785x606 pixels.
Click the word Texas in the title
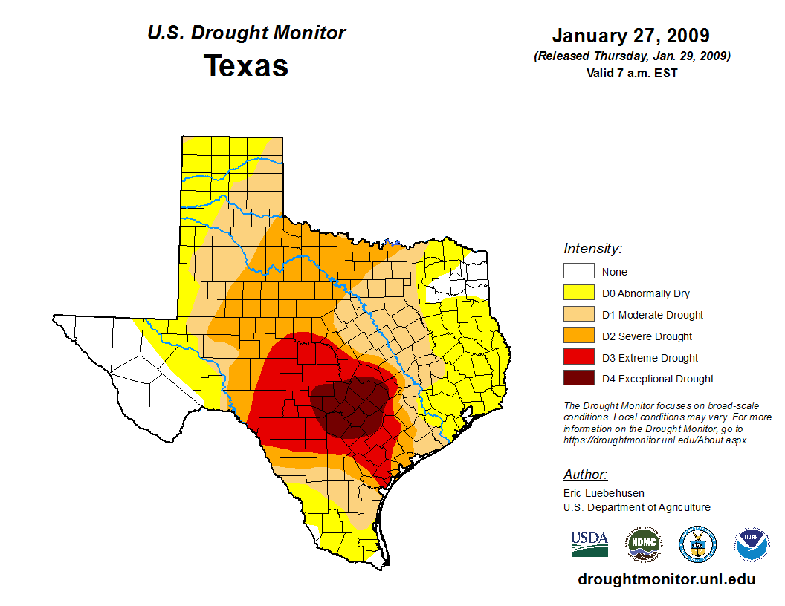[246, 66]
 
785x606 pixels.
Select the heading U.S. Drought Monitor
[246, 33]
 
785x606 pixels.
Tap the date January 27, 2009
[630, 36]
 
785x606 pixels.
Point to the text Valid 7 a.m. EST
[630, 73]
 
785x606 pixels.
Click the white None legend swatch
[578, 272]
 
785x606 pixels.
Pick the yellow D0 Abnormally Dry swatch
[578, 293]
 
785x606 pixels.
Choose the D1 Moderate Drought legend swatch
[578, 315]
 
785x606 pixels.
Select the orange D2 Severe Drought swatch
[578, 336]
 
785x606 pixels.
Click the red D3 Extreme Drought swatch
[578, 358]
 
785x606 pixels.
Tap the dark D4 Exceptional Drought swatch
[578, 379]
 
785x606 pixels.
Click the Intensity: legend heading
[592, 249]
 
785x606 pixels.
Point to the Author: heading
[585, 475]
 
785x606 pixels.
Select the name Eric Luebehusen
[604, 493]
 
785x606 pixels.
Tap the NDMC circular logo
[643, 544]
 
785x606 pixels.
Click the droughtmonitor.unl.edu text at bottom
[666, 580]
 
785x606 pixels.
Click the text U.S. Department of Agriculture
[636, 507]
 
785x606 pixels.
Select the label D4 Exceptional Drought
[657, 379]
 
